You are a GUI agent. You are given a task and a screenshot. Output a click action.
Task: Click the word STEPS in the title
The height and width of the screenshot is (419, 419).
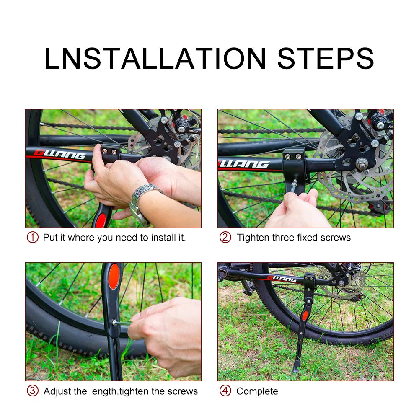pyautogui.click(x=325, y=59)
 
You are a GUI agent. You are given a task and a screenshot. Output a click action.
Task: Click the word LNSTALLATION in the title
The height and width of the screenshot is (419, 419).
pyautogui.click(x=155, y=59)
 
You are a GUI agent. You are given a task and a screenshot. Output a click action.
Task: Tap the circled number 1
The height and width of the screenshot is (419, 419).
pyautogui.click(x=33, y=238)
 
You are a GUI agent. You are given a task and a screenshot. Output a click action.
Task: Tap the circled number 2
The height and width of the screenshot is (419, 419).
pyautogui.click(x=225, y=238)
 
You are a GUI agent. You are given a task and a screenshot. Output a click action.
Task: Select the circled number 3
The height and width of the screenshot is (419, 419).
pyautogui.click(x=33, y=391)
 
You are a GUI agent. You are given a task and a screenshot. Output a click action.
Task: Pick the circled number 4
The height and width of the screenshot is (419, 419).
pyautogui.click(x=225, y=391)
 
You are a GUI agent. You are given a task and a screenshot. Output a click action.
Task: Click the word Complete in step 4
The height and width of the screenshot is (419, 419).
pyautogui.click(x=257, y=391)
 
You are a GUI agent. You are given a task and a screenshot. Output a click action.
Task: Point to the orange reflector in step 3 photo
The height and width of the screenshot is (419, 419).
pyautogui.click(x=114, y=277)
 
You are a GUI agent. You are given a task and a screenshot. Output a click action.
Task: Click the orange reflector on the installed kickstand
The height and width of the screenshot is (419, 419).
pyautogui.click(x=305, y=316)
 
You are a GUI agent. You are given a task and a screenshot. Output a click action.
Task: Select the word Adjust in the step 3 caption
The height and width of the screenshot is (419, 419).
pyautogui.click(x=58, y=391)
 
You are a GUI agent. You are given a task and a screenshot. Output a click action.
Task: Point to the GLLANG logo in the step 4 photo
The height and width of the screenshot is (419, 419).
pyautogui.click(x=282, y=279)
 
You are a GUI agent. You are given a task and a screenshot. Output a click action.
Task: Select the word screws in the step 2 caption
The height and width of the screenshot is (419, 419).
pyautogui.click(x=335, y=238)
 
